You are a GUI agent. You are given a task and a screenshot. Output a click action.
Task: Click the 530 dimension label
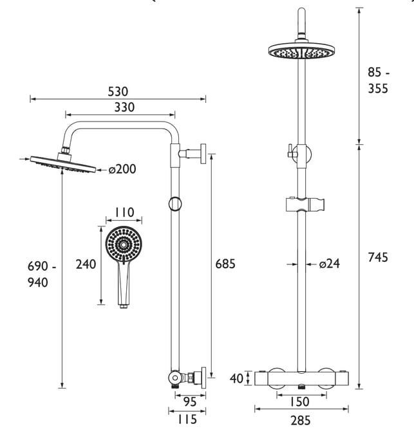coord(118,91)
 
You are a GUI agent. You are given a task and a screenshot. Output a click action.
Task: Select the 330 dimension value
coord(124,107)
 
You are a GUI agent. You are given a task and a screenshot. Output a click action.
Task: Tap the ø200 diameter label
coord(122,169)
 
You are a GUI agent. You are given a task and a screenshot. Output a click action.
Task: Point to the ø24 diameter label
coord(329,264)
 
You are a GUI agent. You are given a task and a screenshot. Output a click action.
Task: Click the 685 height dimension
coord(225,264)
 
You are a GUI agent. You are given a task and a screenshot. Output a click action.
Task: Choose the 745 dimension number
coord(378,257)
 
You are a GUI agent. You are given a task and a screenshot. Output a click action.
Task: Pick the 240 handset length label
coord(86,264)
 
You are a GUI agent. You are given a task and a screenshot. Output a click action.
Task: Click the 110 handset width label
coord(124,212)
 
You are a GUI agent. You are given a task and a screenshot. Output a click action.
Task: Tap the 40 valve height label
coord(236,378)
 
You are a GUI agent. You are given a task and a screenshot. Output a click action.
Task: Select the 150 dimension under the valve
coord(299,402)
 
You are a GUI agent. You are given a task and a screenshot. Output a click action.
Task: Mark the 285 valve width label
coord(301,420)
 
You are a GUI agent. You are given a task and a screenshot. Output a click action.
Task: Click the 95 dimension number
coord(190,402)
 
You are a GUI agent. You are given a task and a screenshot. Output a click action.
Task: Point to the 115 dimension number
coord(187,419)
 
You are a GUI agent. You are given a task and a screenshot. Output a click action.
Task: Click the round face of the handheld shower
coord(124,244)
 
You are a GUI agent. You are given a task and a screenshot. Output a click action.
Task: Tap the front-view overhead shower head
coord(301,51)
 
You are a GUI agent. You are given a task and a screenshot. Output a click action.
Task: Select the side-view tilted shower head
coord(63,164)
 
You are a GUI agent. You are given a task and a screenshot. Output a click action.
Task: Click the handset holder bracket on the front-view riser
coord(305,205)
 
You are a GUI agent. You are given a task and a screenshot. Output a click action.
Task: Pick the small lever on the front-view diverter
coord(290,151)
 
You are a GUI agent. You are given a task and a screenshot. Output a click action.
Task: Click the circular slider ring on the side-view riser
coord(175,204)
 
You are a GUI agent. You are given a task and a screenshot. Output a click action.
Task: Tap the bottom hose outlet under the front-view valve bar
coord(302,387)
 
